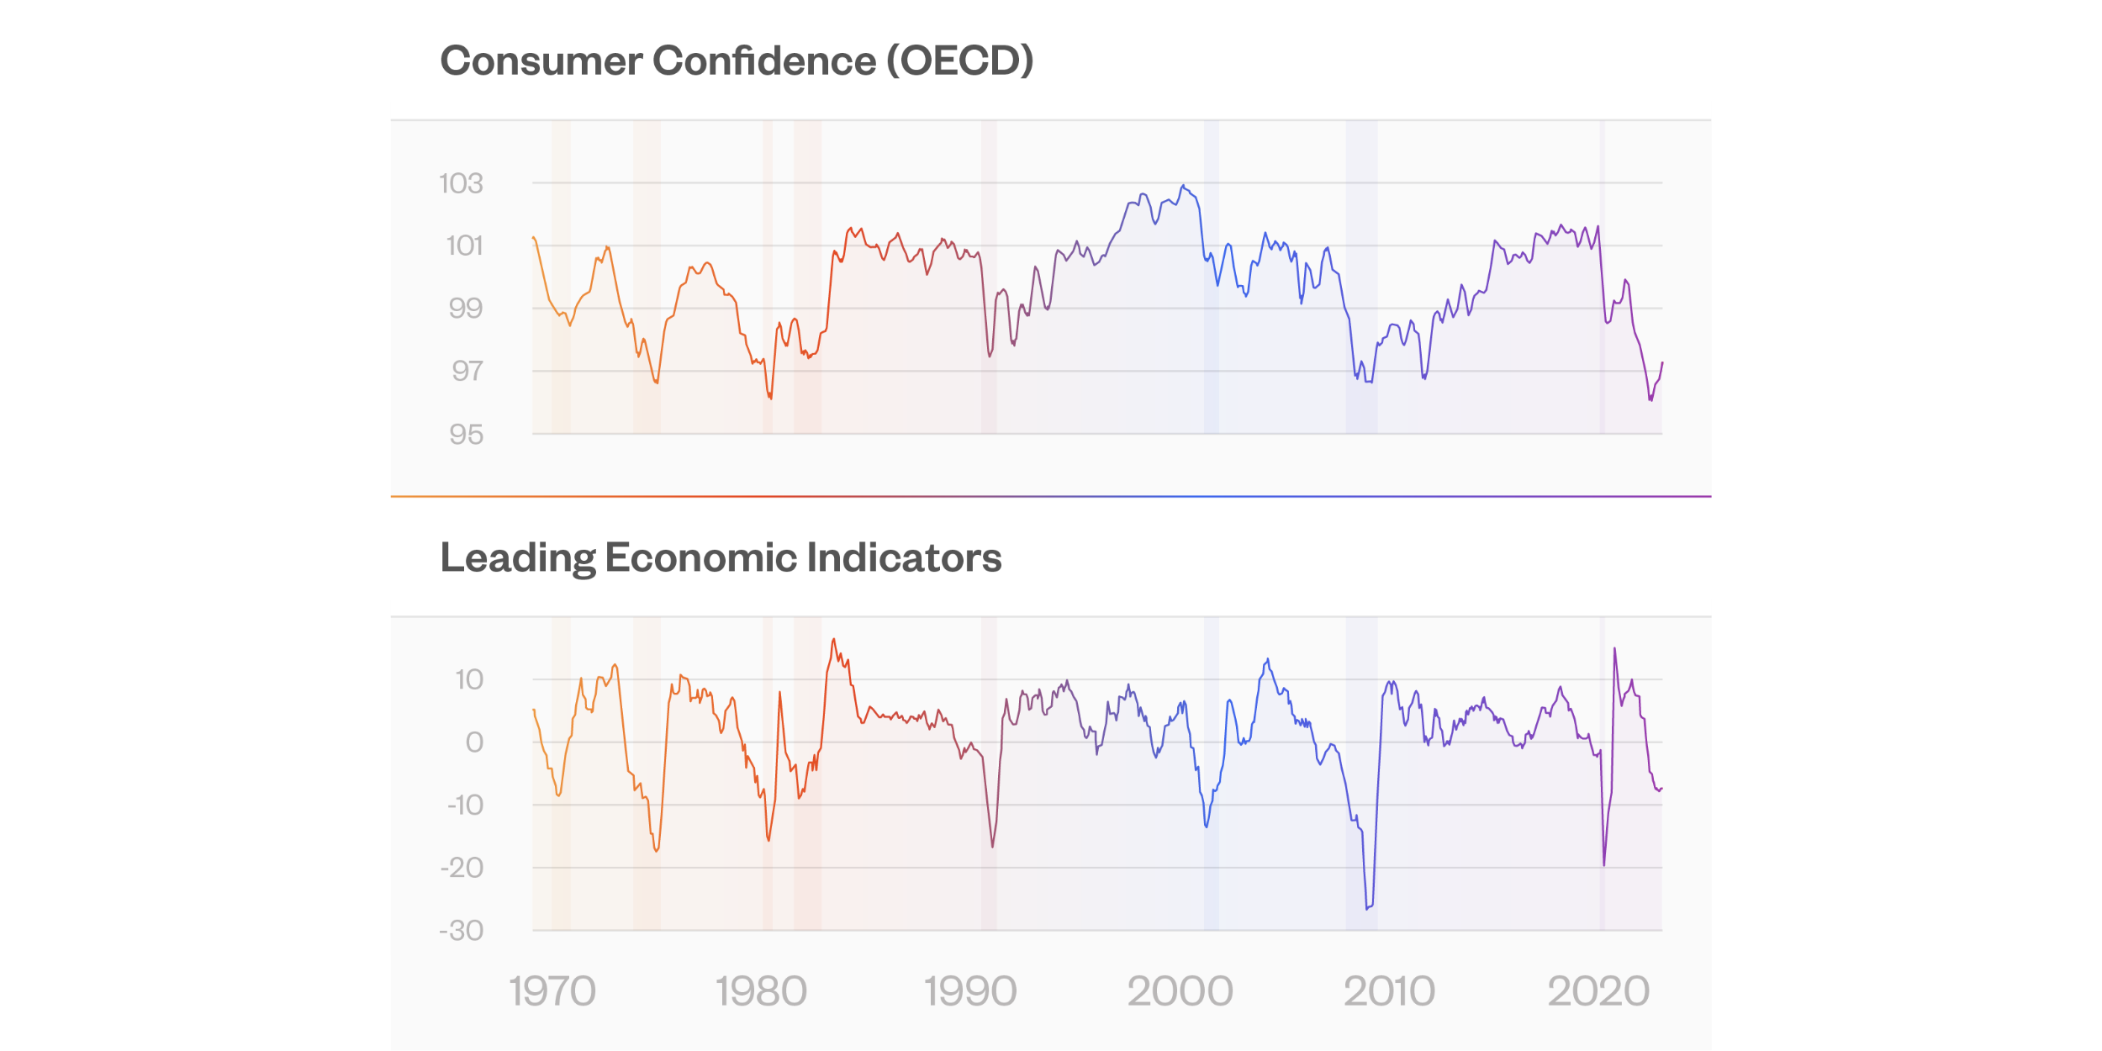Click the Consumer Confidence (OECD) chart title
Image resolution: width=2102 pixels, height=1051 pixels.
[737, 61]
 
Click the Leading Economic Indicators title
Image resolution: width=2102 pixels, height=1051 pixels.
[721, 558]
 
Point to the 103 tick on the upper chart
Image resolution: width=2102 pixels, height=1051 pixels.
[461, 183]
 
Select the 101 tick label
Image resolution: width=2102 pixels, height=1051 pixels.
[464, 246]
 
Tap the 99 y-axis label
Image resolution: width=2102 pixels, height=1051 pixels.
[465, 309]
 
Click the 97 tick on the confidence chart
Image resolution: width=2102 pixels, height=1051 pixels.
[467, 371]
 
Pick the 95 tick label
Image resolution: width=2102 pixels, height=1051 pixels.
[466, 435]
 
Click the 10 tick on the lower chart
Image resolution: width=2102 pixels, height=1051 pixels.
[468, 679]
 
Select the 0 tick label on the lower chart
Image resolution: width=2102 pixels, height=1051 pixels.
[474, 742]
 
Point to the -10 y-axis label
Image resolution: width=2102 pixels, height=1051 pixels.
[465, 805]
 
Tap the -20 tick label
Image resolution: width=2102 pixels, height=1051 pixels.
[462, 868]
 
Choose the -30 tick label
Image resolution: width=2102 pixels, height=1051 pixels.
[461, 931]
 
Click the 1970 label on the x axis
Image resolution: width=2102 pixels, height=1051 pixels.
[552, 991]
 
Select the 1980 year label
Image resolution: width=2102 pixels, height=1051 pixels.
[761, 991]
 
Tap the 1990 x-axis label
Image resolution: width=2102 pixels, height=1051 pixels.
[970, 991]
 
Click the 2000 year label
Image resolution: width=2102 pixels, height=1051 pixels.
[1180, 991]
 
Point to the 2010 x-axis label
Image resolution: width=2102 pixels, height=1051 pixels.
[1389, 991]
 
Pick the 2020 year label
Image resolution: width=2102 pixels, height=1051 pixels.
[1598, 991]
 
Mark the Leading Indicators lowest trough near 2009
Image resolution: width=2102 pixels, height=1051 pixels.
[1367, 908]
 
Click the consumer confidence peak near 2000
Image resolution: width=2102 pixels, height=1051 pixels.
[1182, 185]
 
